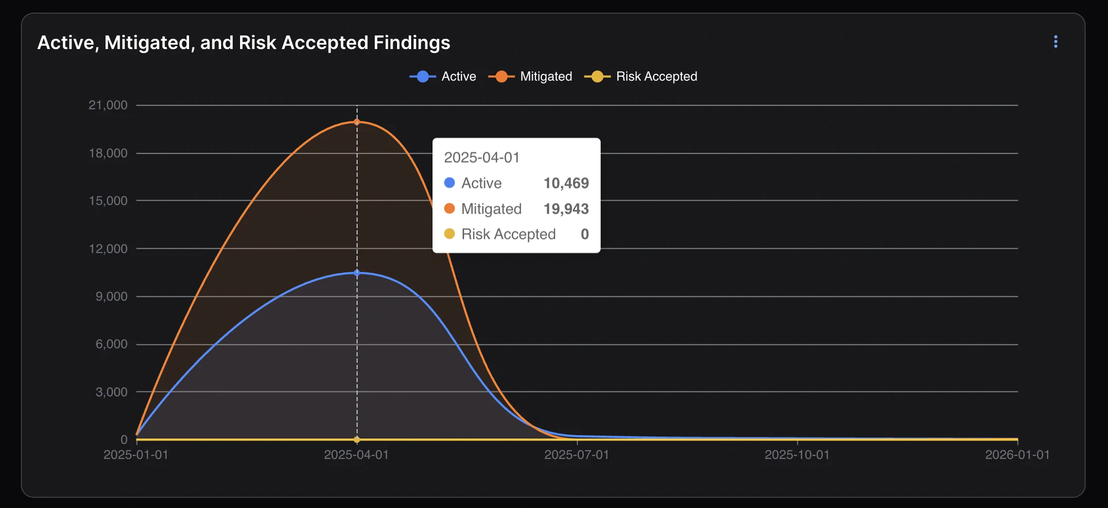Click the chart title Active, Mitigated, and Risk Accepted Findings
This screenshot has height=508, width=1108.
[x=243, y=43]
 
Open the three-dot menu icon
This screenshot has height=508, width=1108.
[x=1056, y=42]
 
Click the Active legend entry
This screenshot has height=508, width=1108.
[x=443, y=77]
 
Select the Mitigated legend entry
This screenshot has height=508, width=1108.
[x=531, y=77]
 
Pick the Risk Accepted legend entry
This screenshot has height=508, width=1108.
[x=641, y=77]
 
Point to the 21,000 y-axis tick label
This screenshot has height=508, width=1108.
[x=108, y=105]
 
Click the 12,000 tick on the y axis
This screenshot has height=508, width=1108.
[x=108, y=249]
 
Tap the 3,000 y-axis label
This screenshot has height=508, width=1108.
[x=111, y=392]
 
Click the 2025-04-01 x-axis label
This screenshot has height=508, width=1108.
[x=356, y=455]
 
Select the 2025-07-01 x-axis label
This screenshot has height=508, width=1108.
[x=576, y=455]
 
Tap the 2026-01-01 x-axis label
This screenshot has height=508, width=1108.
[x=1017, y=455]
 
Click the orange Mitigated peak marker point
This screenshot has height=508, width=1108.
[x=357, y=122]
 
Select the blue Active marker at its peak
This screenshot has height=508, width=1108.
[x=357, y=273]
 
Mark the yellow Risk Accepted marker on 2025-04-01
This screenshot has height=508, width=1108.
[x=357, y=440]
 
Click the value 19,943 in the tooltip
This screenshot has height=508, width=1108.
[x=566, y=209]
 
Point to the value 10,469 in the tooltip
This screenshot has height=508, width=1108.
[x=566, y=183]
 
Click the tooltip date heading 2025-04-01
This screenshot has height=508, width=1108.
[x=482, y=157]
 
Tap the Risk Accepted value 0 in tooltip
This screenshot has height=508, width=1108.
[x=585, y=234]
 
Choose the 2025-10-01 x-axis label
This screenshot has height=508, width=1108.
[x=797, y=455]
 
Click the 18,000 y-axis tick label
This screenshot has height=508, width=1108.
[x=108, y=153]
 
